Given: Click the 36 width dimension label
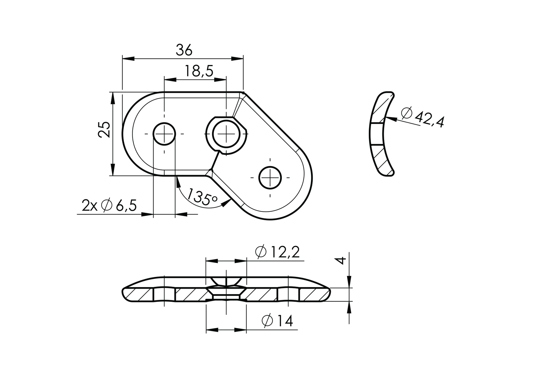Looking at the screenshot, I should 184,50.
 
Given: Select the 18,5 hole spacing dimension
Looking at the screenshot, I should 199,71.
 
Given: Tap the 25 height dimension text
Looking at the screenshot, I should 104,130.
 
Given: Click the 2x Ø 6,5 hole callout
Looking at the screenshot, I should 109,205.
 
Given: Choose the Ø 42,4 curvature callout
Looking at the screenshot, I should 423,117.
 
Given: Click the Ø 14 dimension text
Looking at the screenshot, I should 277,321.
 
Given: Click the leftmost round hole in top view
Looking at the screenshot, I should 164,134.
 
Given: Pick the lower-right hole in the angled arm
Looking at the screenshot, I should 270,177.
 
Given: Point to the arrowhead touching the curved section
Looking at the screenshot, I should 387,119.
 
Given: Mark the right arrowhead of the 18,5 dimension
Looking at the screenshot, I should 222,79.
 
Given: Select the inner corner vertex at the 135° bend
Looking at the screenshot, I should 212,169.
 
